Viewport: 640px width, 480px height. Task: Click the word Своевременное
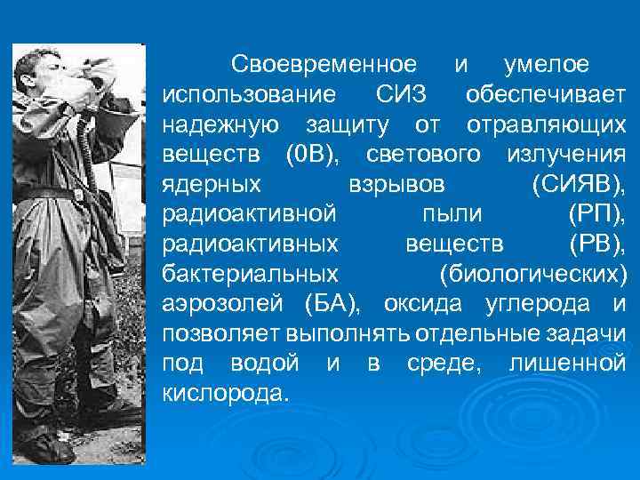(x=323, y=65)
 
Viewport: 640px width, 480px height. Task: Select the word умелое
(x=546, y=65)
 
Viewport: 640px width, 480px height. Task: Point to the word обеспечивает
(x=545, y=94)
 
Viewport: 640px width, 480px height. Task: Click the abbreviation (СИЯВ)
(x=579, y=185)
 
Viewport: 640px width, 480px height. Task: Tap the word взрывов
(x=396, y=185)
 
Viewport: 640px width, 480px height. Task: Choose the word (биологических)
(x=532, y=275)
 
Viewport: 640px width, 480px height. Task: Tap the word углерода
(x=537, y=305)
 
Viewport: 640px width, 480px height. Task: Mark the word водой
(x=267, y=364)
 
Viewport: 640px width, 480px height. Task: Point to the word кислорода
(x=226, y=395)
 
